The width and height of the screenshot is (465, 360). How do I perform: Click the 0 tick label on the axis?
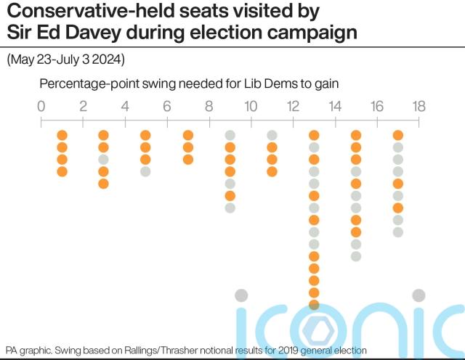click(41, 106)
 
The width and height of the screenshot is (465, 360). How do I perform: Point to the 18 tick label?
click(419, 106)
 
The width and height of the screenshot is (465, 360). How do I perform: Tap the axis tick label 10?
click(251, 106)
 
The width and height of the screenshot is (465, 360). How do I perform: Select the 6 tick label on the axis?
click(167, 106)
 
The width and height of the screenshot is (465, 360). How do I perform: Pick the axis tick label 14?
click(335, 106)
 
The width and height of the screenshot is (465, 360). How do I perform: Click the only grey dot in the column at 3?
click(103, 160)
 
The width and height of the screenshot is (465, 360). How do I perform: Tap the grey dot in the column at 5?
click(145, 171)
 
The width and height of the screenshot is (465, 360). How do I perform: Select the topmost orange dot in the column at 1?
click(62, 135)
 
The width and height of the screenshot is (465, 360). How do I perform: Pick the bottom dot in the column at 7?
click(187, 160)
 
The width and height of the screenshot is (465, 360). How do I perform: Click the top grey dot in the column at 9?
click(230, 135)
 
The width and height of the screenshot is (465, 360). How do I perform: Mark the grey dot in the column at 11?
click(272, 135)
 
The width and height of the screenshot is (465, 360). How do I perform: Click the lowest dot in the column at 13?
click(314, 304)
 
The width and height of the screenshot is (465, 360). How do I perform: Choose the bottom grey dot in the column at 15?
click(356, 256)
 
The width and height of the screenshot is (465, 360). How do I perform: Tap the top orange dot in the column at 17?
click(398, 135)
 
